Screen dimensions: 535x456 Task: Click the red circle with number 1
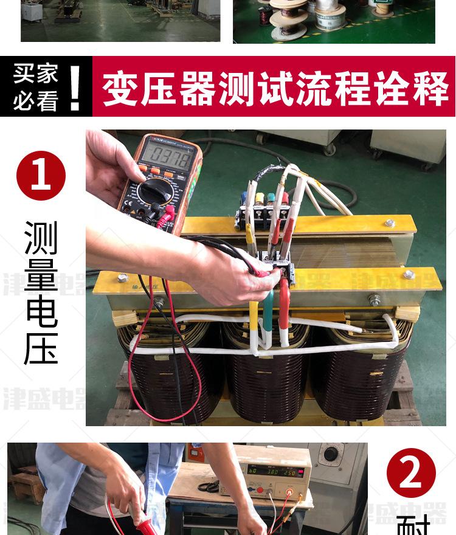point(41,176)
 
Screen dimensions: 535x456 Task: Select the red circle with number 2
point(412,473)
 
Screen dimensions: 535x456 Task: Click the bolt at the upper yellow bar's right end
point(390,223)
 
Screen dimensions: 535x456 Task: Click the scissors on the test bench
point(209,486)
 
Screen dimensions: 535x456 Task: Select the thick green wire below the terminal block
point(268,316)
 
